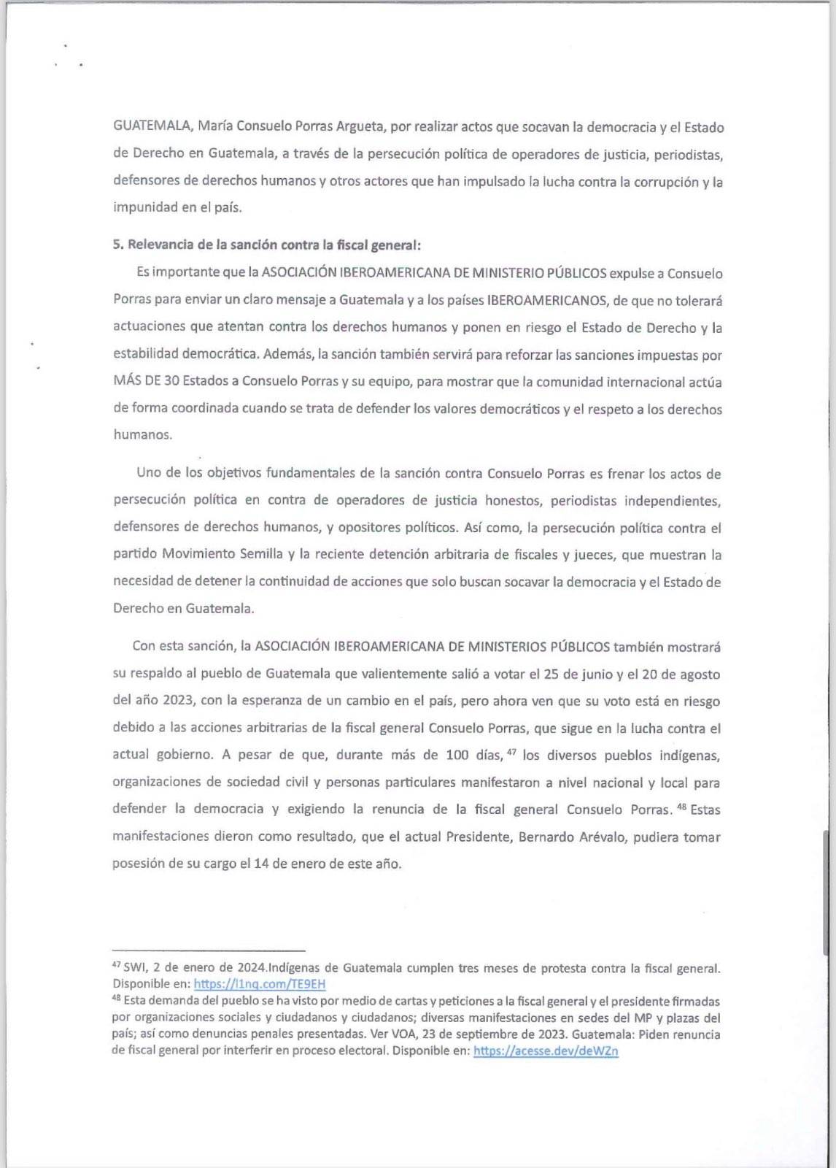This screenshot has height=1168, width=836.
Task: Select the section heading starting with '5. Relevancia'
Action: pos(266,245)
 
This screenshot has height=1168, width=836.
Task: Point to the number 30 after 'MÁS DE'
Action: pos(171,381)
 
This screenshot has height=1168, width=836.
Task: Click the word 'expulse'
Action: pos(633,273)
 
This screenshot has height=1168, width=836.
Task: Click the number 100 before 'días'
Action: pos(457,755)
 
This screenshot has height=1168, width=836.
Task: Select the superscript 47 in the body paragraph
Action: pos(511,751)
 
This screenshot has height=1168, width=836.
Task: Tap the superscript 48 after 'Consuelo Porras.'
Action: pos(681,806)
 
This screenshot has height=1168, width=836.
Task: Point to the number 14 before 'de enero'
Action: pos(260,864)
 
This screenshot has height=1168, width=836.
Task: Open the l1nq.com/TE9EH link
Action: pos(259,984)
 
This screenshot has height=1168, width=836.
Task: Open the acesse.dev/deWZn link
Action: pos(546,1051)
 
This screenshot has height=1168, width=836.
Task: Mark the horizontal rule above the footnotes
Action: pos(208,950)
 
